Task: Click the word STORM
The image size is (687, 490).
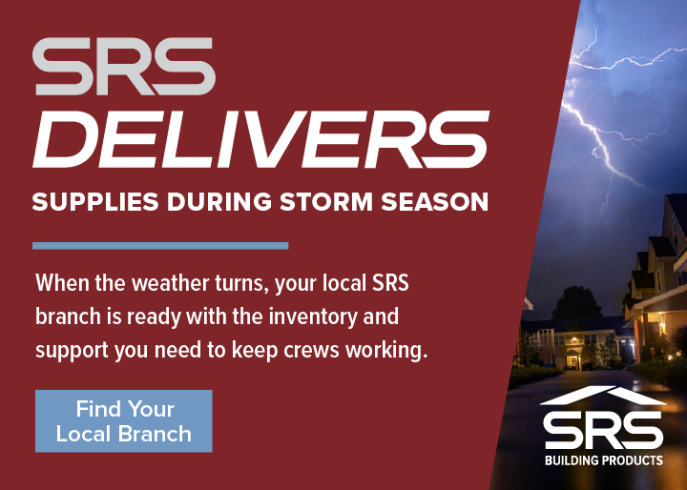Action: [x=308, y=202]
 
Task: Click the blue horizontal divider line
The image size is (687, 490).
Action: [x=160, y=246]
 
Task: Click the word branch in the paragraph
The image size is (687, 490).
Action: [x=69, y=316]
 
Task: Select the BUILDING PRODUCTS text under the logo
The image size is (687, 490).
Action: [x=603, y=460]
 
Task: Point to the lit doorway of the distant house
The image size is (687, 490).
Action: [x=572, y=359]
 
